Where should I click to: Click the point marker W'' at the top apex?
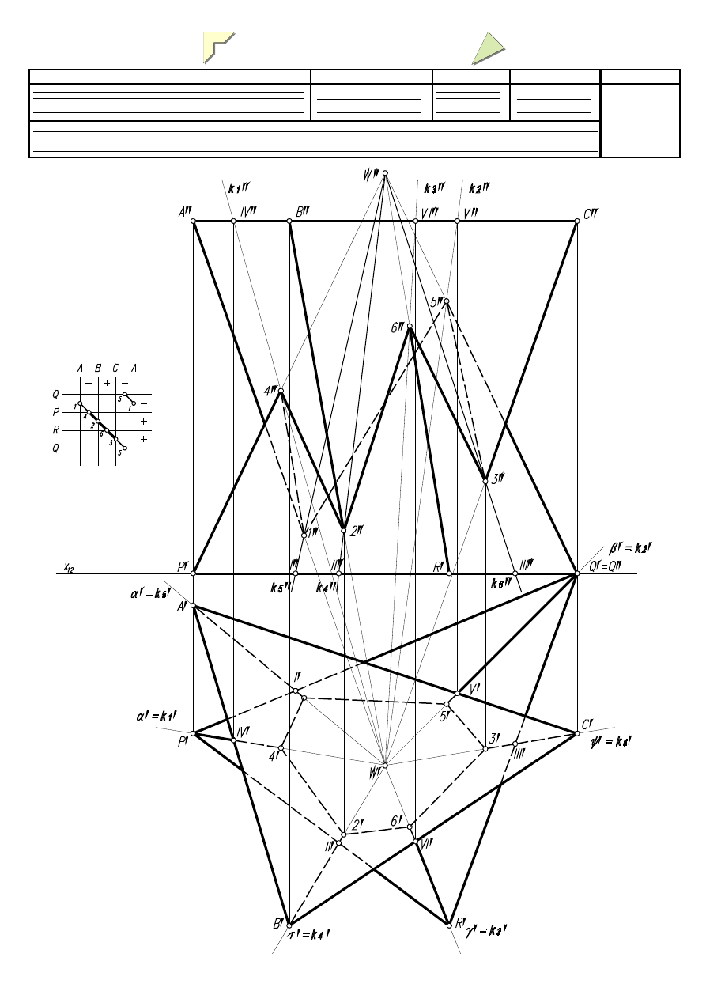point(385,172)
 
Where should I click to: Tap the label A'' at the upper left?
point(185,212)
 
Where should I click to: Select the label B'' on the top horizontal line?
point(302,211)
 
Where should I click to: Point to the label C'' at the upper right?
point(590,212)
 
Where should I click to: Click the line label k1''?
point(239,188)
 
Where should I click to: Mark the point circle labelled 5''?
point(447,301)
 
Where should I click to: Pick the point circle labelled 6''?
point(410,326)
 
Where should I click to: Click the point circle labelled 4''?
point(281,391)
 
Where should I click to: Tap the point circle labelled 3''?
point(485,481)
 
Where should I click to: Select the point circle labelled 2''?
point(344,530)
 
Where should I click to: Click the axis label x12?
point(70,566)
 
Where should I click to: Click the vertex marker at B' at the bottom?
point(290,925)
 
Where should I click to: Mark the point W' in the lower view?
point(385,765)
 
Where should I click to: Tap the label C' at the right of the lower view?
point(587,724)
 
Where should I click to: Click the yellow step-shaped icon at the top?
point(219,47)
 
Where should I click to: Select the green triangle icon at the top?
point(489,47)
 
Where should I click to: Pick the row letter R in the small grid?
point(56,430)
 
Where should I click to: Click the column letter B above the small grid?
point(98,368)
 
